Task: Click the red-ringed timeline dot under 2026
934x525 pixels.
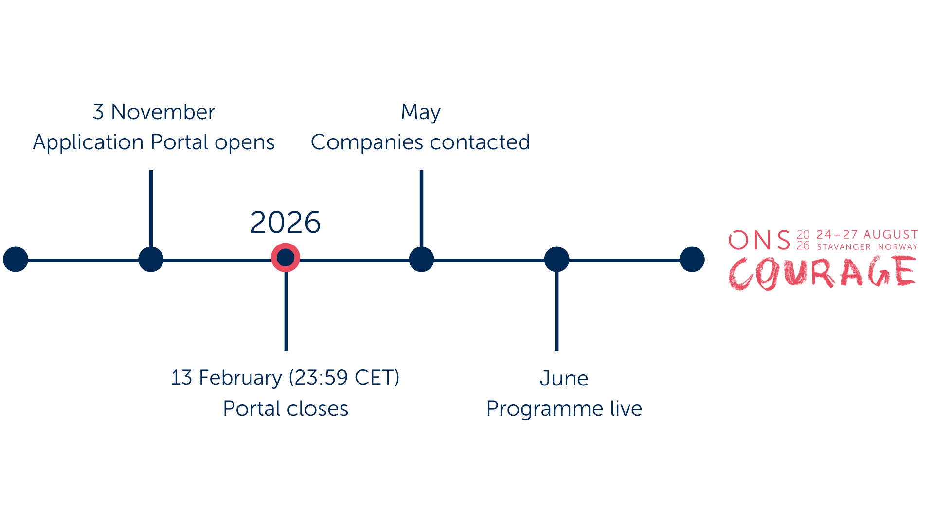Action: click(286, 258)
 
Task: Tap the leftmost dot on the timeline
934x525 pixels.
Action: click(16, 259)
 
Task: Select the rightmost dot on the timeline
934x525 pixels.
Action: click(692, 259)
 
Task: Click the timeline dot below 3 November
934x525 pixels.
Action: click(151, 259)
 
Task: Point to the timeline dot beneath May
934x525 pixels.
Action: click(421, 259)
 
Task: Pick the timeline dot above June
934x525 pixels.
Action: click(557, 259)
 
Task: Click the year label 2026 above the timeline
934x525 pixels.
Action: click(286, 223)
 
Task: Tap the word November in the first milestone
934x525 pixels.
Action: click(163, 112)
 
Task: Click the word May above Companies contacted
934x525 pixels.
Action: click(421, 112)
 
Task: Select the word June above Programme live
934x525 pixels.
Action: click(564, 378)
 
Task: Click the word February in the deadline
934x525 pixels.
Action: click(240, 378)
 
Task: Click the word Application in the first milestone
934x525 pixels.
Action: click(88, 142)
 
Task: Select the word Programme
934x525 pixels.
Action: click(545, 408)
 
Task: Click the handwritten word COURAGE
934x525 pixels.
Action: click(822, 273)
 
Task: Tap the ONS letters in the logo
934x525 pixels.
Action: click(759, 240)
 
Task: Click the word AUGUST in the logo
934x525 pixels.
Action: click(891, 235)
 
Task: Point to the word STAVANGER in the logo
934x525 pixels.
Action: click(844, 247)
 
